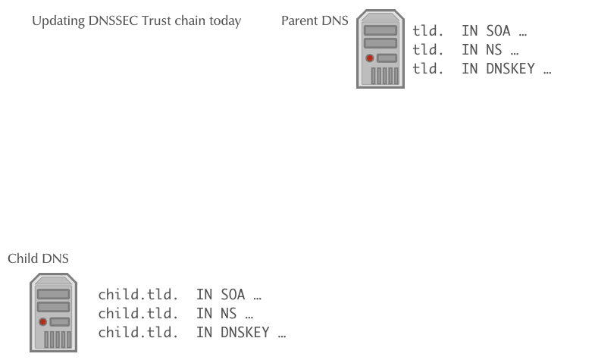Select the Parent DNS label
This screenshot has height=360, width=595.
[x=315, y=20]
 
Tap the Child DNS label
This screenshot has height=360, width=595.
[x=38, y=258]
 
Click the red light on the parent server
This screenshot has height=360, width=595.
[x=370, y=58]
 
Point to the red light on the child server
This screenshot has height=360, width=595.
[x=43, y=322]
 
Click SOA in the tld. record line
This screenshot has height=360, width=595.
[x=498, y=31]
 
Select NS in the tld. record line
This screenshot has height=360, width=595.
[x=494, y=50]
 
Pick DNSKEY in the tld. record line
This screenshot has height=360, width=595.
[x=510, y=69]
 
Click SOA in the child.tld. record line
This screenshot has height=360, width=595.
[x=233, y=295]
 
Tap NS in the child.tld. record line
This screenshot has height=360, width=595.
[x=229, y=314]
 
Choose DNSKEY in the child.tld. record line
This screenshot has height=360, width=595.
[x=245, y=333]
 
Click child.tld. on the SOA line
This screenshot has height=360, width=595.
[x=138, y=295]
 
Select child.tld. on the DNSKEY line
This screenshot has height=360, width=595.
[x=138, y=333]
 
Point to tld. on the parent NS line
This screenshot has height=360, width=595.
[x=428, y=50]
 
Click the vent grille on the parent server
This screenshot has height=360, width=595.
[x=385, y=76]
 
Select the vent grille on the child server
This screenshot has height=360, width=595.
[x=58, y=340]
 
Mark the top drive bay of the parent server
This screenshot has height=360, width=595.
[x=380, y=30]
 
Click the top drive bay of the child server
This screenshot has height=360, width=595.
[x=54, y=294]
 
